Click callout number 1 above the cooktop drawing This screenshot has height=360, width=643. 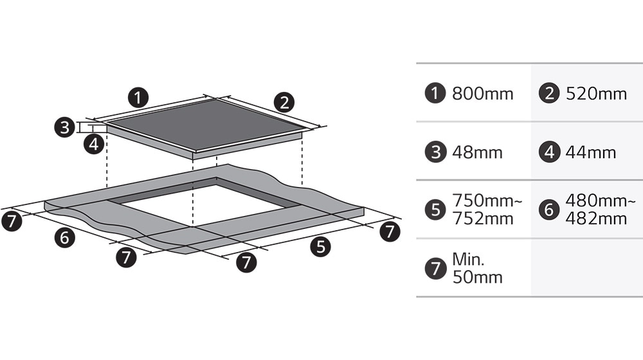click(x=138, y=98)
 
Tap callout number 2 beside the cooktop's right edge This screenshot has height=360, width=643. click(x=284, y=102)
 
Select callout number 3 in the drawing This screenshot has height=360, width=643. click(x=65, y=127)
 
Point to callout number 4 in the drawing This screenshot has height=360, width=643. click(x=94, y=144)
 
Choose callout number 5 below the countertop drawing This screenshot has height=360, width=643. click(x=320, y=247)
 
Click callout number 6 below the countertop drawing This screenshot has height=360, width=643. click(x=65, y=237)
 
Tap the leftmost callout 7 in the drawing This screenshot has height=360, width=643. click(x=12, y=221)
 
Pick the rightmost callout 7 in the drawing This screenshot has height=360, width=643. click(x=390, y=231)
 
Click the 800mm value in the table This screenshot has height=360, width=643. click(x=483, y=94)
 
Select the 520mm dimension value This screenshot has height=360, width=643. click(x=596, y=94)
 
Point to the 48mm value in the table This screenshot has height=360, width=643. click(x=477, y=152)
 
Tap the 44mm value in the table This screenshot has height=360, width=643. click(x=591, y=152)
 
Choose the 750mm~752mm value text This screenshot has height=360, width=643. click(x=487, y=210)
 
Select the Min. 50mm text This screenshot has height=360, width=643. click(x=477, y=268)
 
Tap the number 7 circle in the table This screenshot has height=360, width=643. click(x=435, y=269)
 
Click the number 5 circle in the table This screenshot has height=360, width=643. click(x=435, y=210)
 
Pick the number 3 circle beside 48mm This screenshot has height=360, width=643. click(x=435, y=152)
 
